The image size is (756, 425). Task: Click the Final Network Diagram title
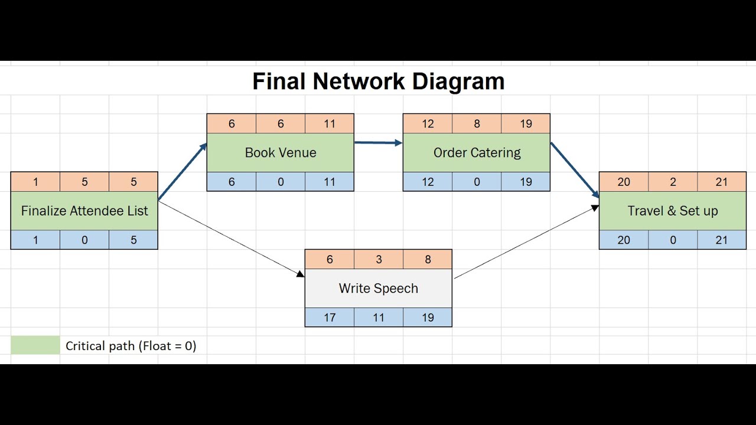pyautogui.click(x=378, y=81)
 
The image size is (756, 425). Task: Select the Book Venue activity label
pyautogui.click(x=281, y=152)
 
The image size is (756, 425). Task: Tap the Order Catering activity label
pyautogui.click(x=477, y=152)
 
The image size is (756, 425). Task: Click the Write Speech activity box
pyautogui.click(x=378, y=288)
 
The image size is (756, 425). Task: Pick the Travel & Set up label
pyautogui.click(x=673, y=211)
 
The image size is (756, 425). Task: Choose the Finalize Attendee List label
pyautogui.click(x=84, y=211)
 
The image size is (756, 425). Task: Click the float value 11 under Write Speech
pyautogui.click(x=379, y=318)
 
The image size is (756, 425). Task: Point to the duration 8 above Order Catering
pyautogui.click(x=477, y=124)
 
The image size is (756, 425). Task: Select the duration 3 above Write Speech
pyautogui.click(x=379, y=260)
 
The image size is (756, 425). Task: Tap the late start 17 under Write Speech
pyautogui.click(x=330, y=318)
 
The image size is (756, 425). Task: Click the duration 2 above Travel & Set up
pyautogui.click(x=673, y=182)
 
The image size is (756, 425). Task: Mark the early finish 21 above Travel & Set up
pyautogui.click(x=722, y=182)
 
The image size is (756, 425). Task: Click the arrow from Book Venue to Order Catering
pyautogui.click(x=378, y=142)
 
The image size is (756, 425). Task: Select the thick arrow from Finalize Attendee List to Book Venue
pyautogui.click(x=183, y=172)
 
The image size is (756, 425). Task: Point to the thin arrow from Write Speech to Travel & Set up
pyautogui.click(x=526, y=242)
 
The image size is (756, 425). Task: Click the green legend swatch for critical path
pyautogui.click(x=35, y=345)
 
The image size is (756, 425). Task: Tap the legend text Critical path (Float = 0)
pyautogui.click(x=131, y=346)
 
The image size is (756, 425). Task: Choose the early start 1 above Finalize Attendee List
pyautogui.click(x=35, y=182)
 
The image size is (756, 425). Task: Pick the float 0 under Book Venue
pyautogui.click(x=281, y=182)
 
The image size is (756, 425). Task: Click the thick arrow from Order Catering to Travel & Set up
pyautogui.click(x=575, y=169)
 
